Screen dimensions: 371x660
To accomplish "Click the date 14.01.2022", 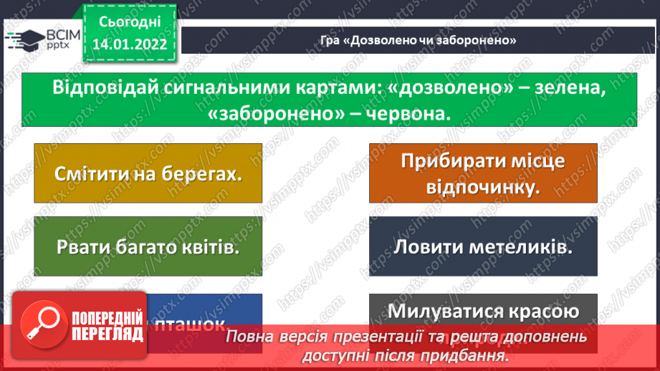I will point(129,44).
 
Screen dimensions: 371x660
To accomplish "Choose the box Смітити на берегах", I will point(147,173).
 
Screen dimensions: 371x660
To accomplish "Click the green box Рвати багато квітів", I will point(147,246).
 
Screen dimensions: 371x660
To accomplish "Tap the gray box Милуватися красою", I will point(483,312).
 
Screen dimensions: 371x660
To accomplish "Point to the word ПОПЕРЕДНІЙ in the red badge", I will point(105,316).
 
